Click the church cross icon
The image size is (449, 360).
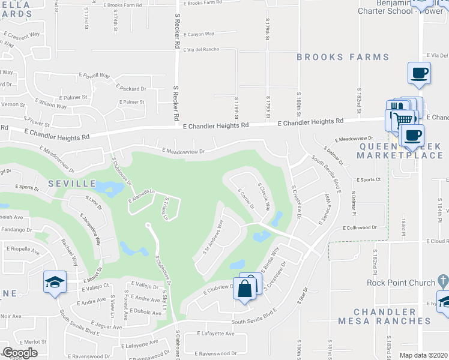(443, 280)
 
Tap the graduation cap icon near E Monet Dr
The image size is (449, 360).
(54, 281)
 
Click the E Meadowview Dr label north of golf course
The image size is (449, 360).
(183, 151)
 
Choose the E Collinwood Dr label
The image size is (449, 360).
(360, 227)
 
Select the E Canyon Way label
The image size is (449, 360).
(200, 34)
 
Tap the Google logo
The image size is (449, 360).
(20, 353)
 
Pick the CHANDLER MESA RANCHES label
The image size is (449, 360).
(393, 316)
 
